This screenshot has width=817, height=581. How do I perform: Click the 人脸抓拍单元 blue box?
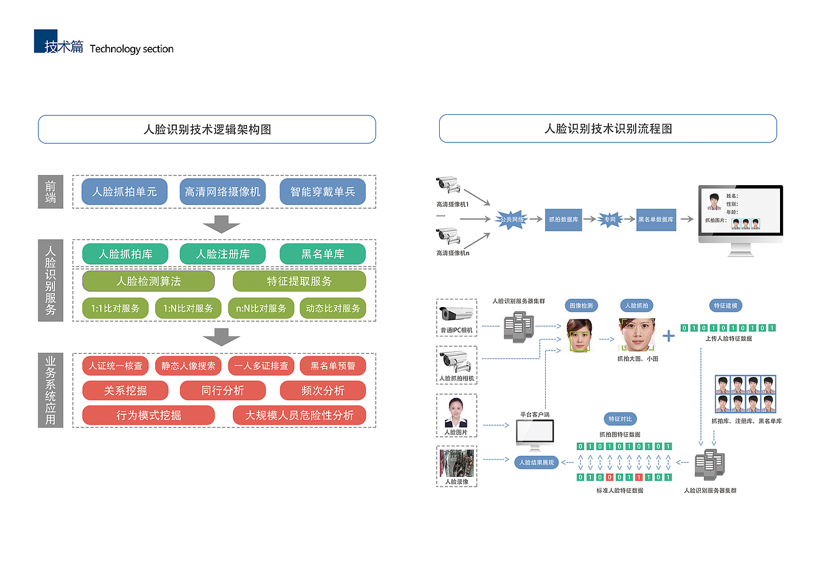[124, 192]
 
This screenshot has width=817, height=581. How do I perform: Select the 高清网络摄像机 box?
[223, 192]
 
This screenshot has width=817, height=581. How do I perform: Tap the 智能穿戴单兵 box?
[322, 192]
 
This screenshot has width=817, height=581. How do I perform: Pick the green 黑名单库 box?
[322, 254]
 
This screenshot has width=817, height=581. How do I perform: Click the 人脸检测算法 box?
[148, 281]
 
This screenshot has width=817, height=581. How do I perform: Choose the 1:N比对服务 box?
[188, 308]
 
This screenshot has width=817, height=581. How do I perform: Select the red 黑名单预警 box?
[333, 366]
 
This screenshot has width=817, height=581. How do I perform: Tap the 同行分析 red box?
[223, 390]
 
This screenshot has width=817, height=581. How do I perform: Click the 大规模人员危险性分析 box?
[299, 415]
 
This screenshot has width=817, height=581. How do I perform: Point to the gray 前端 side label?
[50, 192]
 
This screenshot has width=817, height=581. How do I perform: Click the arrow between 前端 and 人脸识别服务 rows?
[221, 224]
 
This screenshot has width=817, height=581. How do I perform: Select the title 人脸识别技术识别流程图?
[608, 129]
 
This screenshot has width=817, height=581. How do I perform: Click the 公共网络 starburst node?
[512, 219]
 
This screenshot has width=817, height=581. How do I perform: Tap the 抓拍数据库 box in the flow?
[564, 219]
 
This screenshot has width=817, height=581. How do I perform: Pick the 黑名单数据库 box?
[656, 219]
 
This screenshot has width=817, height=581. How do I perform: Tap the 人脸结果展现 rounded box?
[537, 462]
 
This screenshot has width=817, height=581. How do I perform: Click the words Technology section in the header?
[131, 49]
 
